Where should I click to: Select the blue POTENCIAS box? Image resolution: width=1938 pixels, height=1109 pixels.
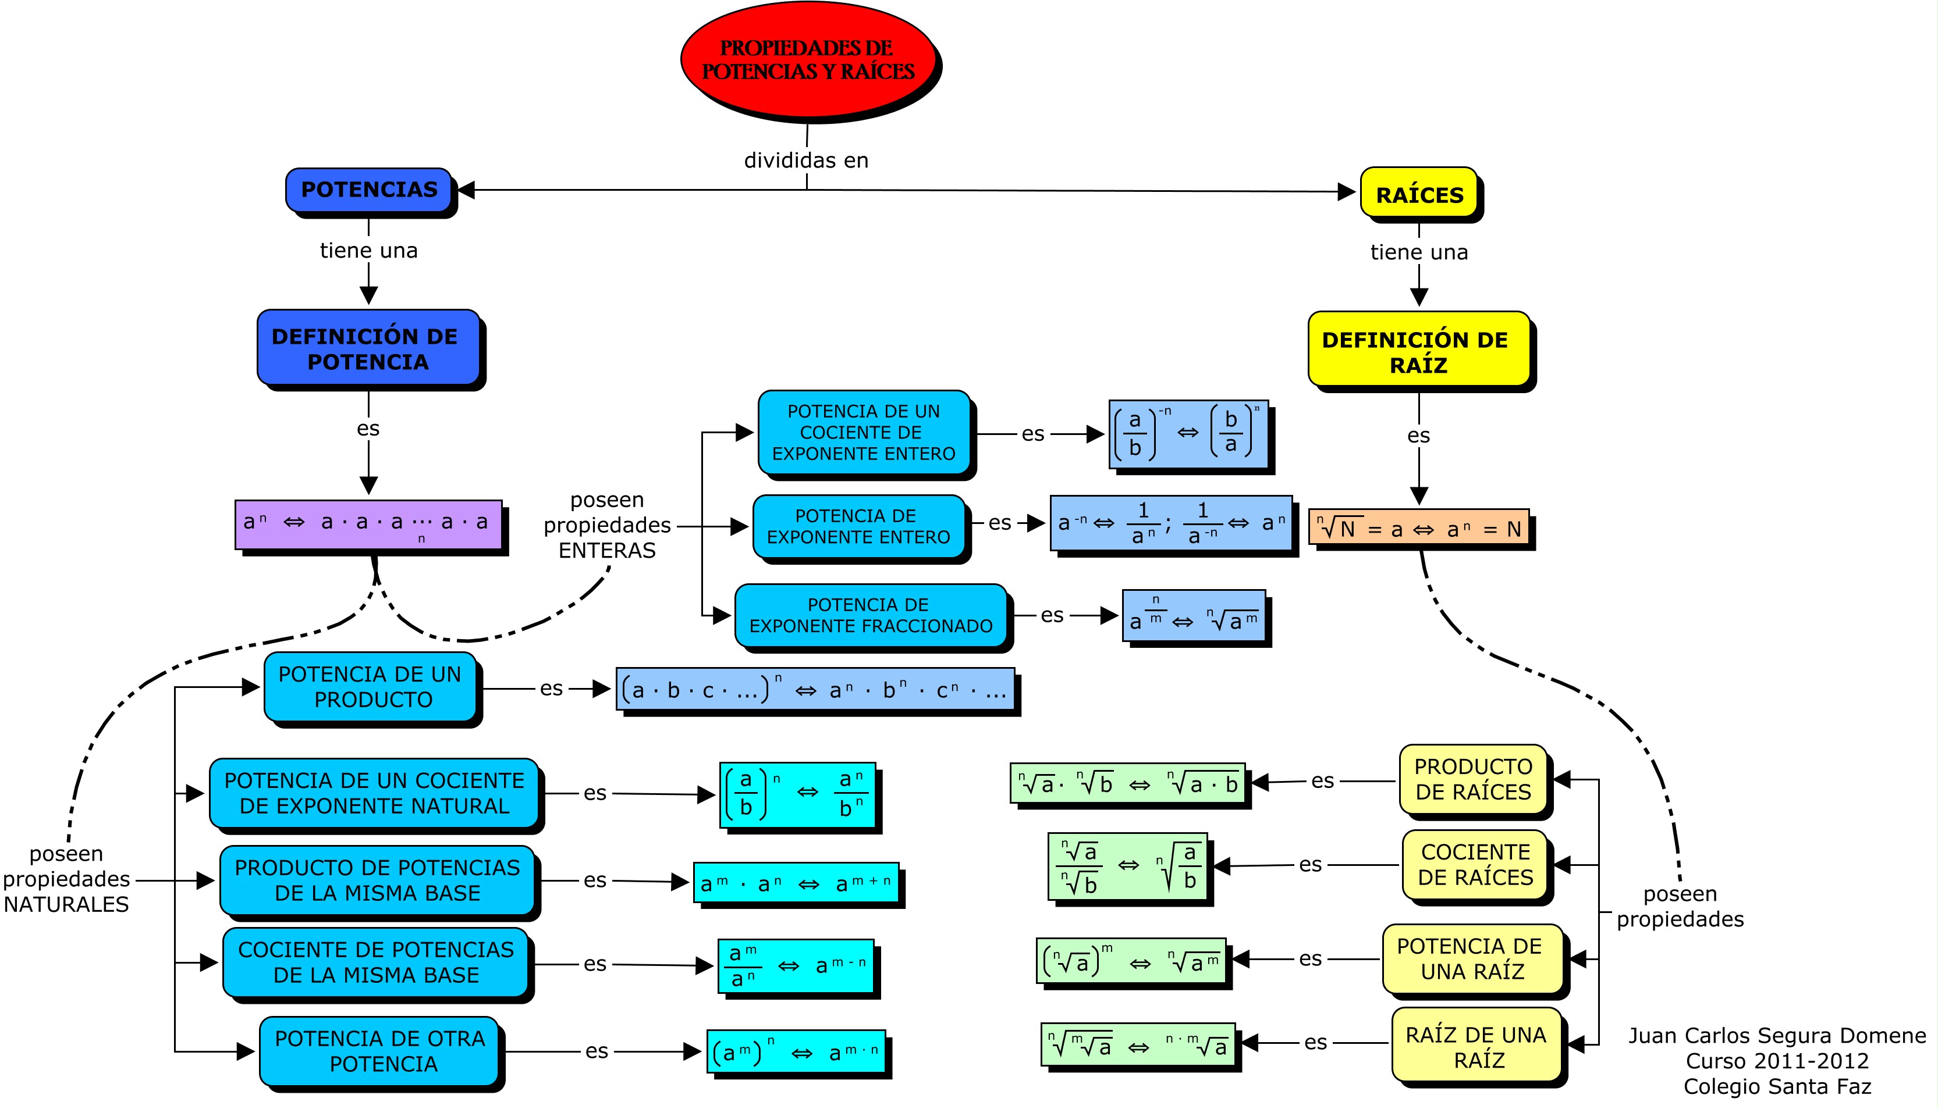pos(369,190)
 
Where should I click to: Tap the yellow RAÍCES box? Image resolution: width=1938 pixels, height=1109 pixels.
pos(1419,194)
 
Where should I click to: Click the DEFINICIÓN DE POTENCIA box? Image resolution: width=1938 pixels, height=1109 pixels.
pos(368,348)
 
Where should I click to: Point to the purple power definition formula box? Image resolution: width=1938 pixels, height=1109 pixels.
pos(368,524)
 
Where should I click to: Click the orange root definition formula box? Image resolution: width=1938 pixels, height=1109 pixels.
pos(1418,528)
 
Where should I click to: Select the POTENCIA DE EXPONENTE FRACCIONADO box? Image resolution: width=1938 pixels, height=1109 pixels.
pos(870,615)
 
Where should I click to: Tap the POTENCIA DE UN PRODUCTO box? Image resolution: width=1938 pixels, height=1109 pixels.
pos(370,687)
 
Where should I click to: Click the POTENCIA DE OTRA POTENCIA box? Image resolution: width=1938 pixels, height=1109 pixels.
pos(379,1051)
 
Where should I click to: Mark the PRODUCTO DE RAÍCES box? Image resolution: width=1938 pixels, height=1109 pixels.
pos(1472,779)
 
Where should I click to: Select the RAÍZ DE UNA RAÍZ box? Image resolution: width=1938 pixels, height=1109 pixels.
pos(1476,1047)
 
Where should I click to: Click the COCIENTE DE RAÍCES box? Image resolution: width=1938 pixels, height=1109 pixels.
pos(1475,865)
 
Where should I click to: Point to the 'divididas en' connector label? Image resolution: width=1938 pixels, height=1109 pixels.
pos(806,161)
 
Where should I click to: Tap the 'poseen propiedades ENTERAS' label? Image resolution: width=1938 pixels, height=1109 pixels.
pos(608,526)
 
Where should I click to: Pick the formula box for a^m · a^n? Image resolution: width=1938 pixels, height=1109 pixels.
pos(796,883)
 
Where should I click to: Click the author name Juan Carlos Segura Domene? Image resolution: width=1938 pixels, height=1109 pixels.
pos(1776,1036)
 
